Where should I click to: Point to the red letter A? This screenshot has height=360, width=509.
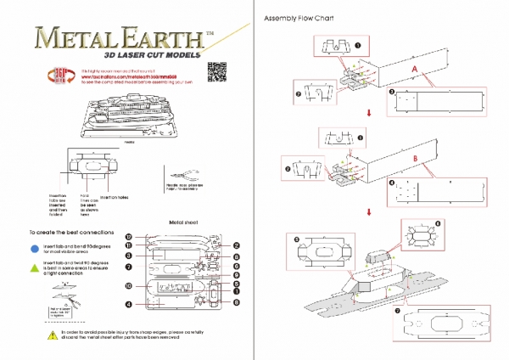click(414, 67)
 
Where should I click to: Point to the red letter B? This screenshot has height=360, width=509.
click(414, 159)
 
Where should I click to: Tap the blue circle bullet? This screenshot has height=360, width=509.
click(34, 248)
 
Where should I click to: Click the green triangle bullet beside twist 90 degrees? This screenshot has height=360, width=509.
click(34, 265)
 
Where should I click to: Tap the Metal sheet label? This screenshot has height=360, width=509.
click(182, 222)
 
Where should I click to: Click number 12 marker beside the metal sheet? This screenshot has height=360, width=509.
click(128, 237)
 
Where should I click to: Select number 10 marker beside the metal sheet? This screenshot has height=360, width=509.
click(128, 286)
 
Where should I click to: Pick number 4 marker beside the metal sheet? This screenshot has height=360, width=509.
click(128, 304)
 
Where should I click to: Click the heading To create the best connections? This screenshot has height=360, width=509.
click(67, 231)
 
